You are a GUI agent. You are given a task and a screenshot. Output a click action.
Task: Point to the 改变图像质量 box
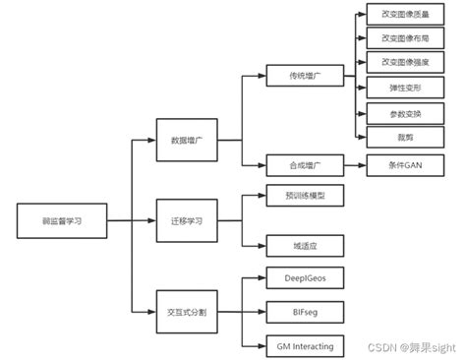click(397, 16)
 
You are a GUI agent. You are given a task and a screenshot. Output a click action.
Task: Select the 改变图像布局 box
click(397, 39)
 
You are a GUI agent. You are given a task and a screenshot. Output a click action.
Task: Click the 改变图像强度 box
click(397, 64)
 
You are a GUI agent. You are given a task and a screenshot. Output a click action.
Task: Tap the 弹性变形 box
click(397, 88)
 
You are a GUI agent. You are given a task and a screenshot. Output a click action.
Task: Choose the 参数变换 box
click(397, 112)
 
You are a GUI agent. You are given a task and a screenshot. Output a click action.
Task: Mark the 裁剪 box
click(397, 136)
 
